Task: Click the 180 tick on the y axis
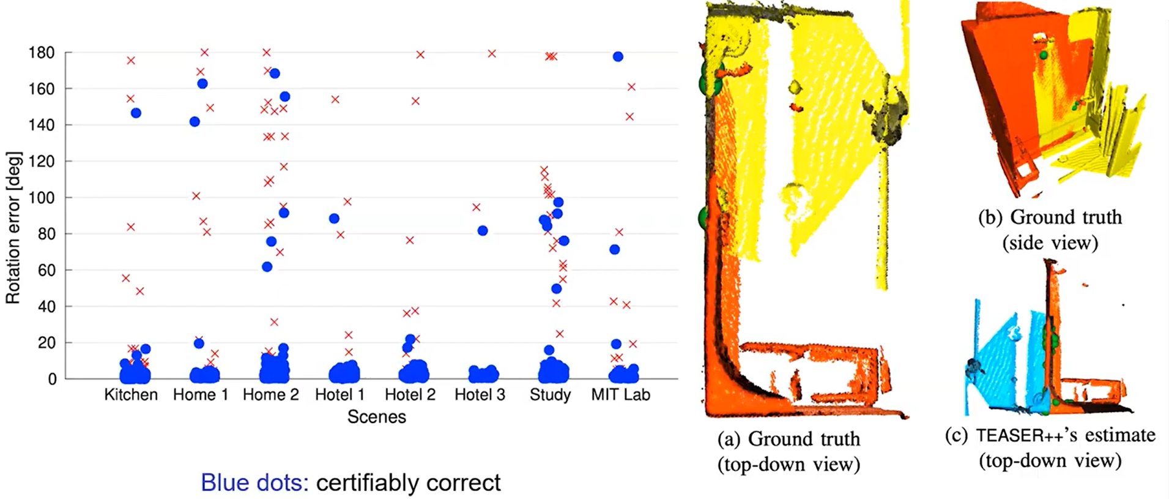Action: pos(42,53)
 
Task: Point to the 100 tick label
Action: pos(42,198)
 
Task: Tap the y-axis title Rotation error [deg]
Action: pos(13,228)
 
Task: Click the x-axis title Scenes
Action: pos(376,417)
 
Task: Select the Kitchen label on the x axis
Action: pos(130,395)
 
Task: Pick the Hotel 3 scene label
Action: pos(480,395)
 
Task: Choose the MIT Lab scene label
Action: pos(620,395)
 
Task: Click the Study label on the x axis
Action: pos(550,395)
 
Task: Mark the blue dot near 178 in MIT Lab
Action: pos(618,57)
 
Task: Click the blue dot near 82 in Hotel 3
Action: pos(483,231)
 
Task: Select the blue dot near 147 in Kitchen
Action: pos(136,113)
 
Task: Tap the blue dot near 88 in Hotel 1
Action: pos(334,219)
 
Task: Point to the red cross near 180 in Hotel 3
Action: pos(491,54)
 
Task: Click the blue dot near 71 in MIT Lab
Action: pos(615,249)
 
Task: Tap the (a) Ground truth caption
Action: pos(789,439)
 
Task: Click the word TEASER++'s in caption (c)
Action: pos(1020,435)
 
